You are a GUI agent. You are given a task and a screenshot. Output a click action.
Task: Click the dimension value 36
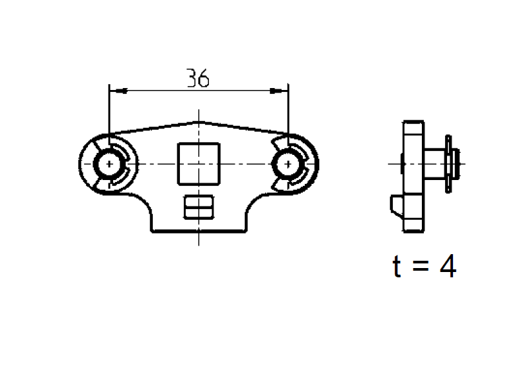click(x=198, y=79)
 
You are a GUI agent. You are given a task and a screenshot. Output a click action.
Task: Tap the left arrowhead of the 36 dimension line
click(x=113, y=91)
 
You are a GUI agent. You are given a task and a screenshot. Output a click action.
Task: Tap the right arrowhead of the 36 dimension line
click(x=284, y=91)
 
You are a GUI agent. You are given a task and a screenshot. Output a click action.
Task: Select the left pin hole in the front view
click(x=107, y=163)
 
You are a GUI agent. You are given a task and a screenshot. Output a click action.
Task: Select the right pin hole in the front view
click(x=287, y=163)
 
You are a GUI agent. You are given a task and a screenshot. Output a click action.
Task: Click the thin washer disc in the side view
click(x=449, y=163)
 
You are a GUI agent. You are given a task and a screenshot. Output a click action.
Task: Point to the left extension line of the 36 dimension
click(x=108, y=113)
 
